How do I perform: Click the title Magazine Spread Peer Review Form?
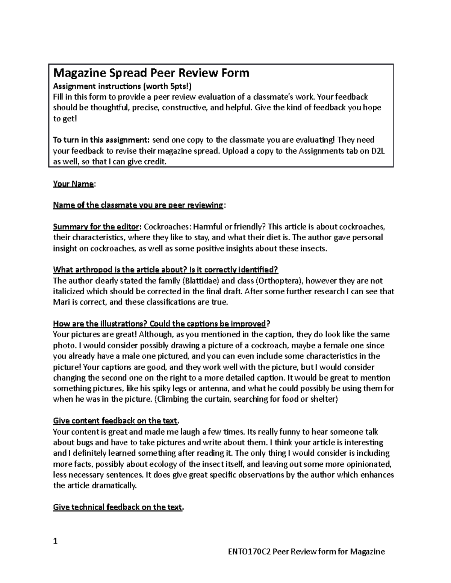pyautogui.click(x=151, y=73)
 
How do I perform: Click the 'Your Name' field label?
pyautogui.click(x=73, y=184)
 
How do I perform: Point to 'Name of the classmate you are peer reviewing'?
pyautogui.click(x=138, y=205)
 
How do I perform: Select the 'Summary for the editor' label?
pyautogui.click(x=97, y=227)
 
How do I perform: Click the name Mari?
pyautogui.click(x=61, y=302)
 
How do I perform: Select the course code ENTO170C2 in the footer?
pyautogui.click(x=249, y=551)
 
